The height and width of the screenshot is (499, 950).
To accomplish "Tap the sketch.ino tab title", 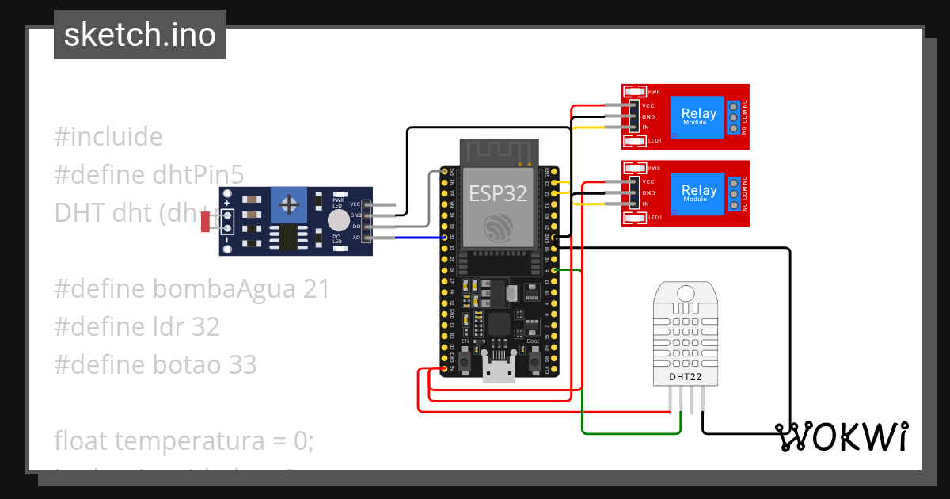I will [140, 35].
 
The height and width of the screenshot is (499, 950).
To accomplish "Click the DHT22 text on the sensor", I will [685, 376].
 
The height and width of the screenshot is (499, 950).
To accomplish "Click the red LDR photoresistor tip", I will [206, 222].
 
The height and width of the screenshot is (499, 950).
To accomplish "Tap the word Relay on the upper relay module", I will [698, 113].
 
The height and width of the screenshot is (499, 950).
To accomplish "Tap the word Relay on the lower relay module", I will [698, 190].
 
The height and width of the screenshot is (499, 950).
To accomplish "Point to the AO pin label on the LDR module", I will [357, 237].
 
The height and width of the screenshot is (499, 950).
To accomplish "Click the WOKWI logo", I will [841, 436].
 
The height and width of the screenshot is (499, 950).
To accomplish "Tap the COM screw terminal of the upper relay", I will [733, 117].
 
